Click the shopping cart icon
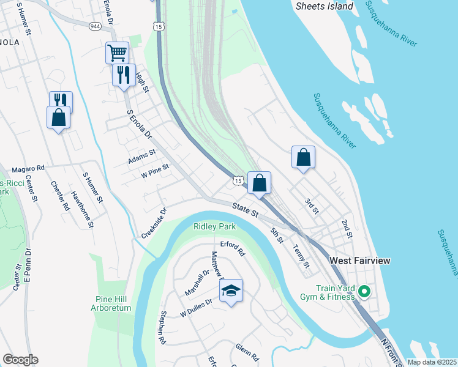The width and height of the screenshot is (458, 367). (x=117, y=51)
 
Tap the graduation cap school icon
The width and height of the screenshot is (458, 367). (x=231, y=290)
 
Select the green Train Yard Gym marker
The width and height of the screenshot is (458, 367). (x=364, y=292)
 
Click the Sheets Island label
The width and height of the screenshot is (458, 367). (x=325, y=6)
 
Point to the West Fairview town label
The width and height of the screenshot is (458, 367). (x=360, y=261)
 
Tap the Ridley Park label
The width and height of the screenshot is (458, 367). (x=214, y=226)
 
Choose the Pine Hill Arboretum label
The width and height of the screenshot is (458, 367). (x=113, y=303)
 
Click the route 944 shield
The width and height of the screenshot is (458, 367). (x=95, y=27)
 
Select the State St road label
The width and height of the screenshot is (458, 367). (x=246, y=210)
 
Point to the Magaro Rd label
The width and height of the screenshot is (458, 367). (x=29, y=168)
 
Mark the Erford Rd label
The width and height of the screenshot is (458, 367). (x=233, y=248)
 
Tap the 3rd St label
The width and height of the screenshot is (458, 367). (x=312, y=206)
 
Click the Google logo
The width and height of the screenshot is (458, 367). (x=20, y=360)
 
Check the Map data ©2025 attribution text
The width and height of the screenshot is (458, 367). (x=431, y=362)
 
